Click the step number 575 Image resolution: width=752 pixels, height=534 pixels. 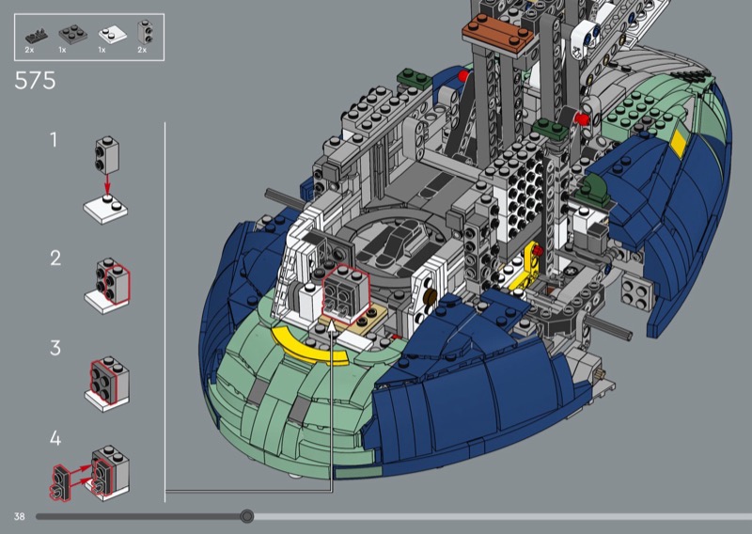[35, 81]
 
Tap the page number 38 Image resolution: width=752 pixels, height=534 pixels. [19, 516]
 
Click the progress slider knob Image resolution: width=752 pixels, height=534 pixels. [247, 516]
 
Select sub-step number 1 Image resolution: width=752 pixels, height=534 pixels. [54, 140]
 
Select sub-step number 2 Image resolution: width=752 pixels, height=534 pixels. [55, 259]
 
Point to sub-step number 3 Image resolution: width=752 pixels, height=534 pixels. [55, 348]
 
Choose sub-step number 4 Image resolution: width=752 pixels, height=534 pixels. [55, 438]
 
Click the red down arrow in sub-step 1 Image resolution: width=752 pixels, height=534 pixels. [107, 182]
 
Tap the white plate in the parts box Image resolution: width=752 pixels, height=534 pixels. [113, 35]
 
